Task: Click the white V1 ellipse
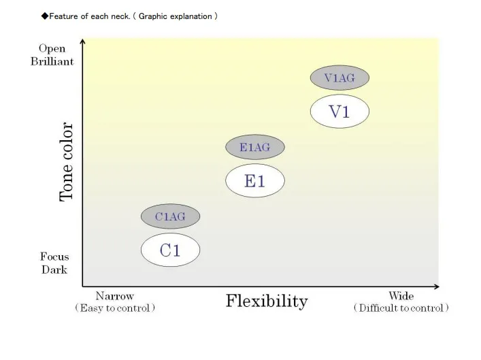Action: (x=339, y=112)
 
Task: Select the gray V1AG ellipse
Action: (x=339, y=78)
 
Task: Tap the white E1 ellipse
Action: (x=254, y=180)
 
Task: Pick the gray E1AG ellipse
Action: (x=254, y=146)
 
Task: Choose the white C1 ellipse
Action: (x=170, y=250)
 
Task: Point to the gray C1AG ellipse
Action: (x=170, y=216)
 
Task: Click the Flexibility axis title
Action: (x=266, y=301)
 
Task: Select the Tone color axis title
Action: (x=67, y=162)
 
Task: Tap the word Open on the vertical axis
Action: (x=52, y=48)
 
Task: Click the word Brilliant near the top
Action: (x=52, y=61)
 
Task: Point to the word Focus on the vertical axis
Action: (x=54, y=257)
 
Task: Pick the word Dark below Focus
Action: (x=54, y=269)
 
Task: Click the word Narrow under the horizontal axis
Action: (x=114, y=296)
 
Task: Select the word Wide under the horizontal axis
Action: (x=401, y=296)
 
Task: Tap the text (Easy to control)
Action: (x=115, y=308)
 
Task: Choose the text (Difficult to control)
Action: (x=401, y=308)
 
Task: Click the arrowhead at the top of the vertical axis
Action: (x=82, y=42)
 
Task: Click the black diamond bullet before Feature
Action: (x=45, y=16)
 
